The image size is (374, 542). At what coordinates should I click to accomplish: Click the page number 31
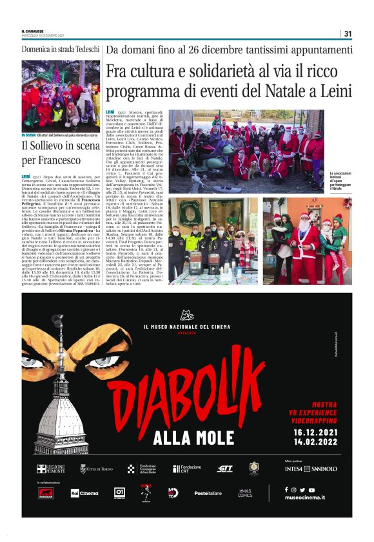point(348,33)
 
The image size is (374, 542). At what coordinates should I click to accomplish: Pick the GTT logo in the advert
point(225,469)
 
